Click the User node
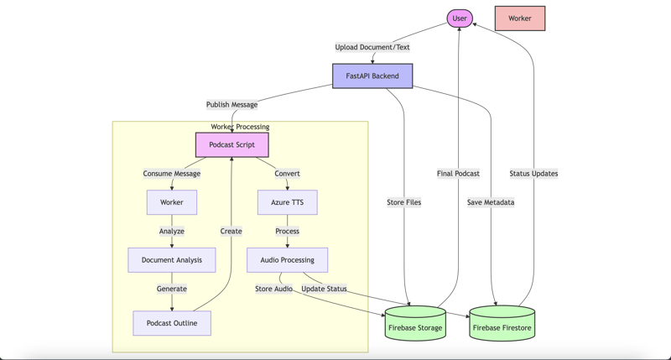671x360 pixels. click(460, 18)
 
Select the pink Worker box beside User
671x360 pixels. click(519, 18)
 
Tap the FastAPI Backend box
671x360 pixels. click(372, 76)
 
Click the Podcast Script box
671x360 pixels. click(232, 145)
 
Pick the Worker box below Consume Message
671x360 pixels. click(172, 202)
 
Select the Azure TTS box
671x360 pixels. click(287, 202)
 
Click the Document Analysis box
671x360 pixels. click(172, 260)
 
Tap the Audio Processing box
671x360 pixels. click(287, 260)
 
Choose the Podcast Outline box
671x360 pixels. click(172, 323)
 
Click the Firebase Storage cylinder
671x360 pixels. click(415, 326)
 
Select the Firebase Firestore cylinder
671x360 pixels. click(502, 326)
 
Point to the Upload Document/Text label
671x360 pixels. click(372, 47)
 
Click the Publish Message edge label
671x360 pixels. click(232, 105)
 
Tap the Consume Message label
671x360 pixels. click(172, 174)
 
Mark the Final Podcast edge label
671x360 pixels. click(458, 174)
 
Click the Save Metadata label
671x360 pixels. click(491, 202)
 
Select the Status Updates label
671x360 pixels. click(533, 174)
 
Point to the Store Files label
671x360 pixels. click(403, 202)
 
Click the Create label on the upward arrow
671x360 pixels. click(231, 232)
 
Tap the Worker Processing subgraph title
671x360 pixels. click(240, 127)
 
